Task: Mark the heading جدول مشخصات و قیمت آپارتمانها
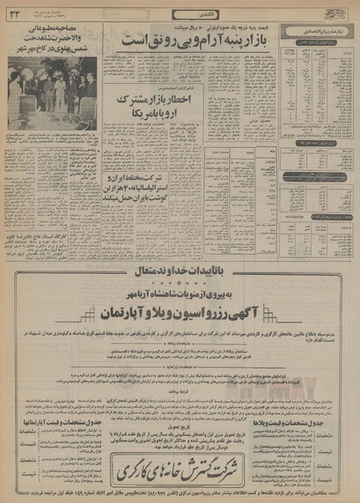(42, 401)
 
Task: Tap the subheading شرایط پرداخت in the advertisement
(179, 391)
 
